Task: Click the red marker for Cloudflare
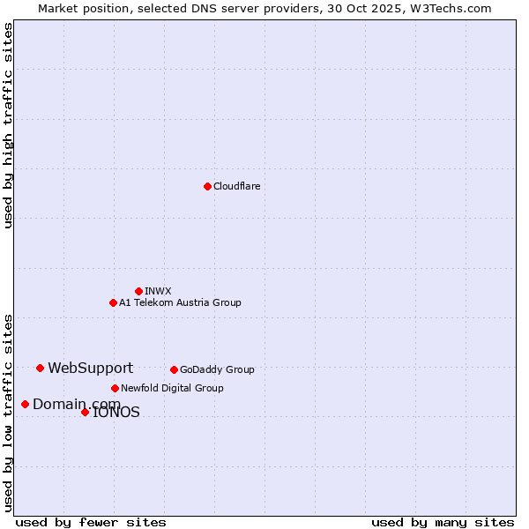coord(207,186)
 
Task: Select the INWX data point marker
coord(138,291)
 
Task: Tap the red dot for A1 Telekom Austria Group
coord(113,302)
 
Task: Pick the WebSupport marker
coord(40,368)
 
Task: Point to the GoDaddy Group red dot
coord(174,369)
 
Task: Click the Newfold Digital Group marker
coord(115,388)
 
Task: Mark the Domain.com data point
coord(25,404)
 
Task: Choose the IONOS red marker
coord(85,412)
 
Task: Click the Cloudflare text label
coord(236,186)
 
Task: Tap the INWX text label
coord(158,291)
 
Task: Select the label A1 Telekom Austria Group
coord(180,302)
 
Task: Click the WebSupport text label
coord(90,369)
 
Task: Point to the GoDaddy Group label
coord(217,369)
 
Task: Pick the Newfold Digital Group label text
coord(172,388)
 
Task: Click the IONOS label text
coord(116,413)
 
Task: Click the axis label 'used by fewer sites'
coord(91,522)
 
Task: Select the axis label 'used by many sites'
coord(443,522)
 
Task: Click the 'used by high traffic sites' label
coord(8,125)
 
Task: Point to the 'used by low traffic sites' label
coord(8,413)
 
